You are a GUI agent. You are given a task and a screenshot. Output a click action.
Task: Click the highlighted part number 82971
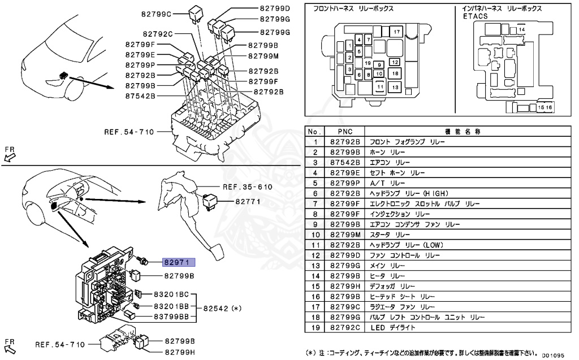click(179, 262)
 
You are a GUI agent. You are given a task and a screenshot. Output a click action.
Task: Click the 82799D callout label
click(275, 8)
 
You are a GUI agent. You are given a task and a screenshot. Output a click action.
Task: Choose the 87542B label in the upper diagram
click(141, 96)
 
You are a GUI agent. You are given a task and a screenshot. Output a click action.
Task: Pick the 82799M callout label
click(263, 56)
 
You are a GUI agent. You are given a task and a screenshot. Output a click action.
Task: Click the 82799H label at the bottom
click(179, 352)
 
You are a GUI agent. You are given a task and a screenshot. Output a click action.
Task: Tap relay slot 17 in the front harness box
click(396, 32)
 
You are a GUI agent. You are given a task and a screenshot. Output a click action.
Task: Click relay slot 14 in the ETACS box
click(521, 29)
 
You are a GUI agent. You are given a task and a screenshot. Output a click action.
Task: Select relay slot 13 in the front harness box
click(395, 87)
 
